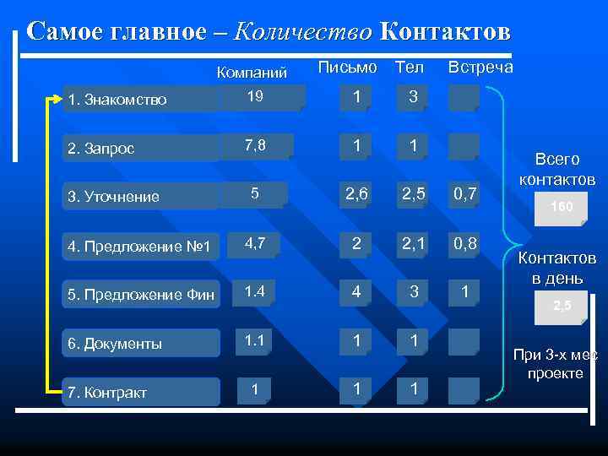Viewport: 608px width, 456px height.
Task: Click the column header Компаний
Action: tap(252, 72)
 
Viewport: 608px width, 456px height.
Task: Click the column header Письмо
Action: tap(348, 66)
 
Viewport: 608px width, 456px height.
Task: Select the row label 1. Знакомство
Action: tap(118, 100)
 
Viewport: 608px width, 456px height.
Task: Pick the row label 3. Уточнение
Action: tap(115, 197)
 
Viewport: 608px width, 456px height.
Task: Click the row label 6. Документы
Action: tap(117, 344)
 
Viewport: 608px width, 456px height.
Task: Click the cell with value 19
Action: tap(254, 97)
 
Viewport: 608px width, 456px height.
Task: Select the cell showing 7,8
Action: tap(254, 145)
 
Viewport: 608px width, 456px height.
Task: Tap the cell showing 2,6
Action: tap(357, 194)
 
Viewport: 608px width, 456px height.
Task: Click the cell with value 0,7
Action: tap(464, 194)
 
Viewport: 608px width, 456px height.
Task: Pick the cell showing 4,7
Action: tap(254, 244)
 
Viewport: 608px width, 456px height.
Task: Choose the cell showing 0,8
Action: tap(464, 244)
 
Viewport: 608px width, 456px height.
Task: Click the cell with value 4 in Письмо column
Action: tap(357, 292)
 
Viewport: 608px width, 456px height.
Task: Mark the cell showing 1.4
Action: tap(254, 292)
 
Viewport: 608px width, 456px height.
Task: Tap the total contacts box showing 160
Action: tap(561, 207)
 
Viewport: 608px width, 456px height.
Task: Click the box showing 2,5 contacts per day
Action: tap(561, 307)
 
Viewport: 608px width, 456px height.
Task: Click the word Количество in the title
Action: tap(302, 32)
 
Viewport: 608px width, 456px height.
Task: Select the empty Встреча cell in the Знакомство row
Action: tap(464, 97)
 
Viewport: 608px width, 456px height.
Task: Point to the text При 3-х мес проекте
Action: tap(555, 364)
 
